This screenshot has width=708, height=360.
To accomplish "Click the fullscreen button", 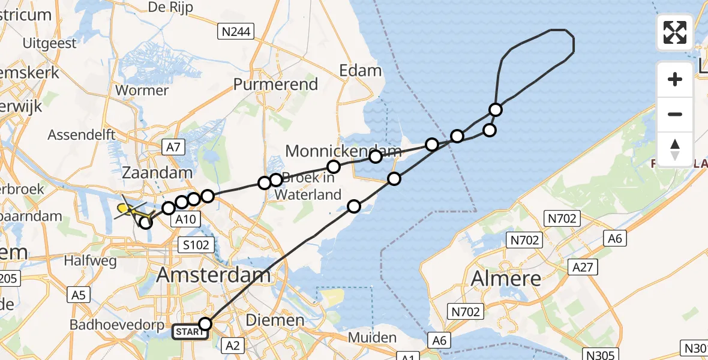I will pyautogui.click(x=675, y=32).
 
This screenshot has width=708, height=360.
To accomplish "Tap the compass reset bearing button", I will pyautogui.click(x=675, y=149).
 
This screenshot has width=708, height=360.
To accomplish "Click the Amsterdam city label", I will pyautogui.click(x=214, y=275).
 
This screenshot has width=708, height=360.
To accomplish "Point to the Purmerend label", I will pyautogui.click(x=275, y=85).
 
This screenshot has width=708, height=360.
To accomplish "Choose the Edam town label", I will pyautogui.click(x=360, y=71).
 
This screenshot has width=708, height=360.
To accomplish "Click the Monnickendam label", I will pyautogui.click(x=343, y=151).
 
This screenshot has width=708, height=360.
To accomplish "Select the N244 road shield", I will pyautogui.click(x=236, y=31).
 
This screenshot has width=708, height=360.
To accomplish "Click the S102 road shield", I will pyautogui.click(x=197, y=244).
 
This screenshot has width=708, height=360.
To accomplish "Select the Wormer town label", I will pyautogui.click(x=141, y=91).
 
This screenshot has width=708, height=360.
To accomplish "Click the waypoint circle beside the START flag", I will pyautogui.click(x=205, y=325).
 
